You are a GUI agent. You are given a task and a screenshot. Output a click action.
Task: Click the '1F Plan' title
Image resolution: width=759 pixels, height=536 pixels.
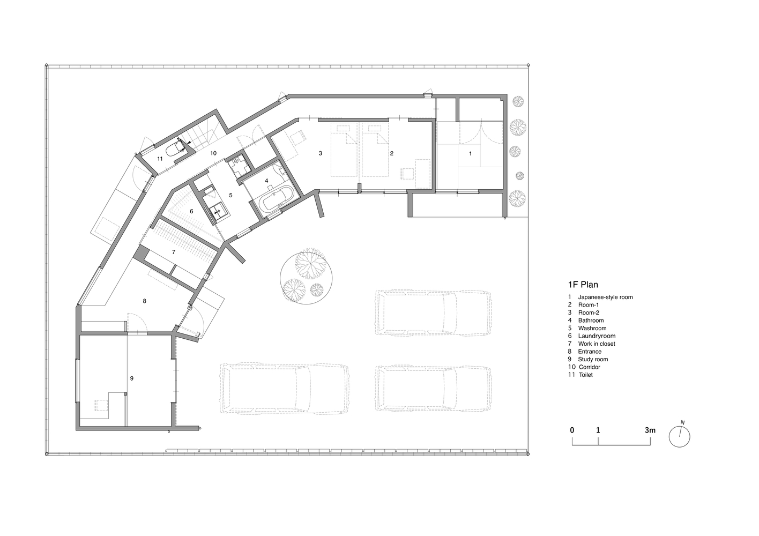click(583, 285)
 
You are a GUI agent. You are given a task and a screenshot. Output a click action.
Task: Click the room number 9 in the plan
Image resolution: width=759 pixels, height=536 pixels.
click(132, 378)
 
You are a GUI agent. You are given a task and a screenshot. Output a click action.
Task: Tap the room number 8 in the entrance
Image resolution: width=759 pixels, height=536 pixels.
click(144, 301)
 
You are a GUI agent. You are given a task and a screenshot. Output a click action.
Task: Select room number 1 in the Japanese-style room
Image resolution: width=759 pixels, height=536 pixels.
click(470, 153)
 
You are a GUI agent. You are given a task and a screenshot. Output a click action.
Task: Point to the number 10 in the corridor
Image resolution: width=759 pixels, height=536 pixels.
click(213, 153)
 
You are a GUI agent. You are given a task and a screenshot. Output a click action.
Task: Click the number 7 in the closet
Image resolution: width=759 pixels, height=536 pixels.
click(174, 252)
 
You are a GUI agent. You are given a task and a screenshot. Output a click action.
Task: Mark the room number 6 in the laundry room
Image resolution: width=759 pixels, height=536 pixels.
click(191, 211)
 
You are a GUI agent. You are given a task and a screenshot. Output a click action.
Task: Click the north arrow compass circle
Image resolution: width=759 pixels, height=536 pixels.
click(679, 437)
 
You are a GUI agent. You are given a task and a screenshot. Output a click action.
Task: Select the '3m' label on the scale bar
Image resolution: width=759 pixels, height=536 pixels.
click(650, 430)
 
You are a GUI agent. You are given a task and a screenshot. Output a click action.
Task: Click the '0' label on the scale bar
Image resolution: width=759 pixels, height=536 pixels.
click(572, 430)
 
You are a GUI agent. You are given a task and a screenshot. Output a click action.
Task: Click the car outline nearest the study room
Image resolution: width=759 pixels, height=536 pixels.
click(285, 389)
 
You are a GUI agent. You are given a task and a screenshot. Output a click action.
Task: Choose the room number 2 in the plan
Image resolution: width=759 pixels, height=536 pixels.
click(392, 153)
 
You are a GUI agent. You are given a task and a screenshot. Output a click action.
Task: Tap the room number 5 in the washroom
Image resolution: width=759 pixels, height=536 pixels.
click(230, 195)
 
